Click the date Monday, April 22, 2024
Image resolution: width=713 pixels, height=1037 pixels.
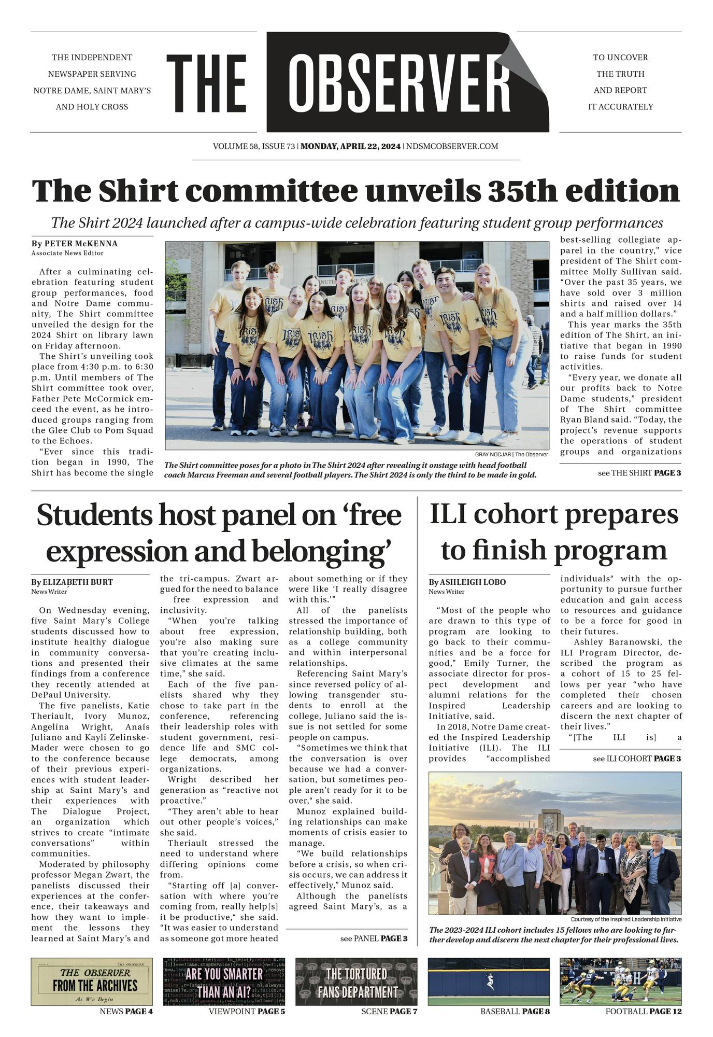(351, 146)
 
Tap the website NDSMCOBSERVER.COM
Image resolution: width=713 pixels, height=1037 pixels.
(452, 146)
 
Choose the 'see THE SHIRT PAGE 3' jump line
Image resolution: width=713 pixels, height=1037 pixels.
(639, 473)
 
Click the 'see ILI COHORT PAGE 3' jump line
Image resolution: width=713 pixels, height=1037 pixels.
(637, 759)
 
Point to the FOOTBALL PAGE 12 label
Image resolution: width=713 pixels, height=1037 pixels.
(643, 1012)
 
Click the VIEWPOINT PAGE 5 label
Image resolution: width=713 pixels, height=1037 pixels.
(247, 1012)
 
